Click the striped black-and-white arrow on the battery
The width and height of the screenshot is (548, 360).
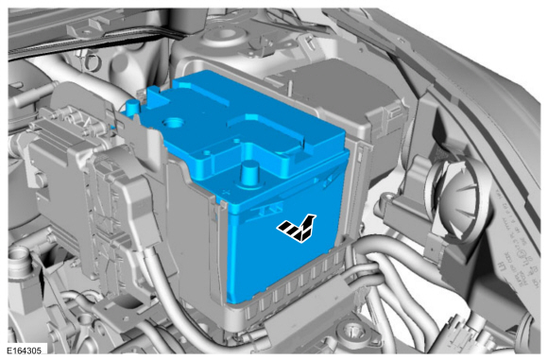(297, 228)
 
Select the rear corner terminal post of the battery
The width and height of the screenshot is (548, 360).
(132, 106)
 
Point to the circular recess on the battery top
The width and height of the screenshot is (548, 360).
(173, 123)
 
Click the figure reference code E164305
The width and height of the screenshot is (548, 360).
(25, 351)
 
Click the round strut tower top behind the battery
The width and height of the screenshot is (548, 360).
(224, 35)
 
